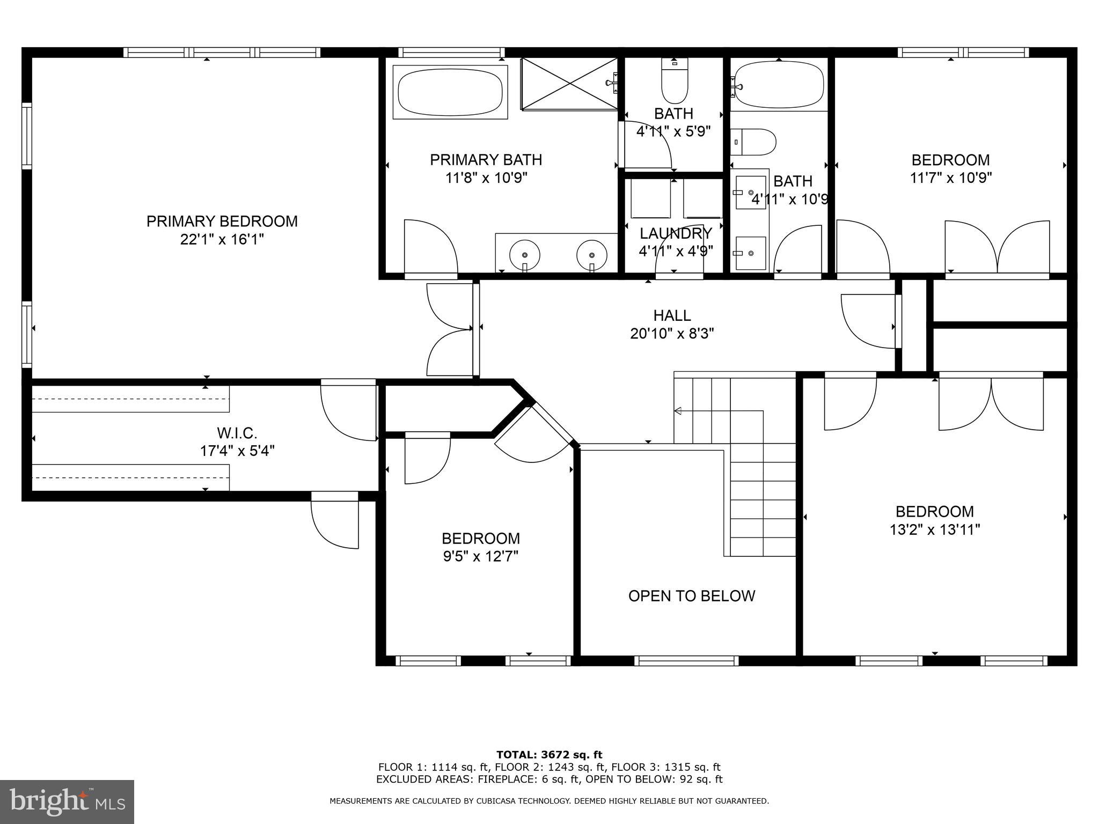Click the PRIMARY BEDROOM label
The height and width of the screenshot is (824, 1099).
(222, 221)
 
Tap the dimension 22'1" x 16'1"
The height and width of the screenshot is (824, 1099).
(222, 239)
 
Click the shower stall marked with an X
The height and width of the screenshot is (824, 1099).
(569, 84)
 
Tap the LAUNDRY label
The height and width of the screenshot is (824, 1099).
(676, 233)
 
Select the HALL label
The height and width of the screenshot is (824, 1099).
(672, 315)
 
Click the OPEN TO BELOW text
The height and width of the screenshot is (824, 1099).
(691, 596)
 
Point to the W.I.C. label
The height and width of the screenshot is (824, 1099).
(237, 432)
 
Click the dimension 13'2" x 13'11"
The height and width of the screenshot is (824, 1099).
(934, 530)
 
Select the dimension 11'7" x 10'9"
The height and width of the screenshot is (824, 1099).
(950, 178)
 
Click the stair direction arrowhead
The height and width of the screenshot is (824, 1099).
(678, 411)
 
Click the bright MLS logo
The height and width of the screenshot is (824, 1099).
(67, 801)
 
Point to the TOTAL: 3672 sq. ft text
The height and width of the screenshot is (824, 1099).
(549, 755)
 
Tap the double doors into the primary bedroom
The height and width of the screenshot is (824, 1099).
(450, 329)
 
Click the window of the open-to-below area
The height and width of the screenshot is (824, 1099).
(686, 661)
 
